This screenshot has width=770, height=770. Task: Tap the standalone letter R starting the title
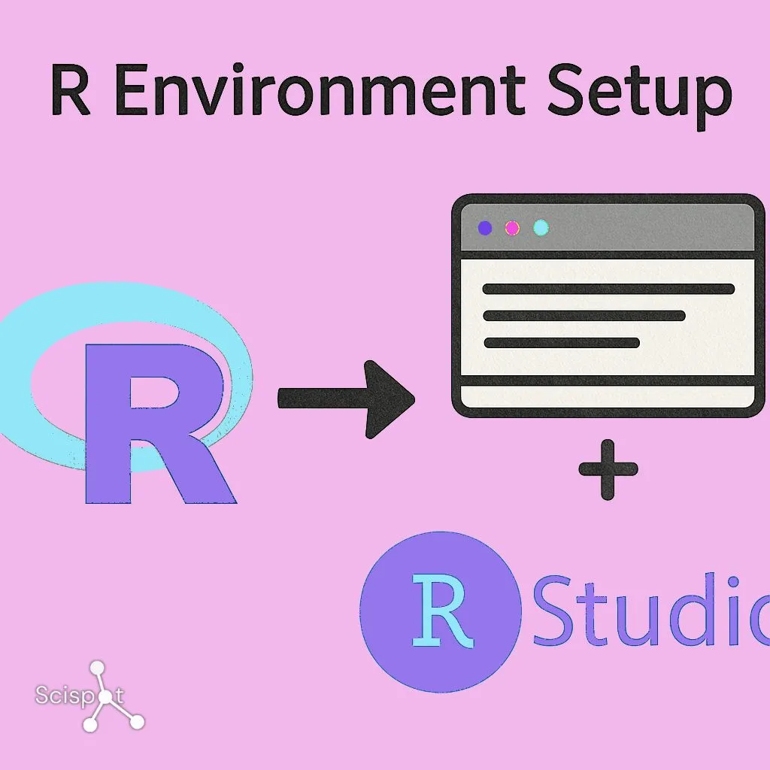(x=71, y=92)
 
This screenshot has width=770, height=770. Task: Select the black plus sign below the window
(x=608, y=470)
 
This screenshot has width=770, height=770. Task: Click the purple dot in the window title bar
(x=485, y=228)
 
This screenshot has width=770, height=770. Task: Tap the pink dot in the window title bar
(x=513, y=228)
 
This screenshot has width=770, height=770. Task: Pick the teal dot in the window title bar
(x=541, y=228)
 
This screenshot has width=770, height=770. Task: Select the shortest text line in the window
(x=561, y=343)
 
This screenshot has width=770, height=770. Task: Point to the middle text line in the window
(x=584, y=316)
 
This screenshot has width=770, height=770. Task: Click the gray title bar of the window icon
(x=639, y=228)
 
